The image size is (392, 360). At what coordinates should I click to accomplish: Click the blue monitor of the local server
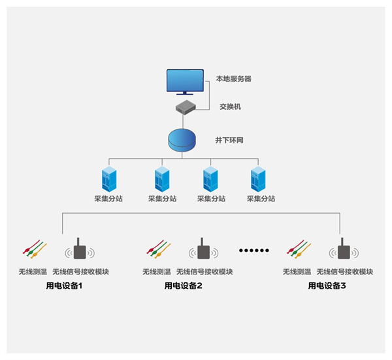pyautogui.click(x=189, y=82)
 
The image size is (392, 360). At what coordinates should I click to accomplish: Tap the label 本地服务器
pyautogui.click(x=233, y=79)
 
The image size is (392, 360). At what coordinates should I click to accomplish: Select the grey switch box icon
pyautogui.click(x=186, y=106)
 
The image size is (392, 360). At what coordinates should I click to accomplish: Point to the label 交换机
pyautogui.click(x=229, y=106)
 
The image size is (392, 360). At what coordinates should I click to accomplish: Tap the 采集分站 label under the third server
pyautogui.click(x=211, y=199)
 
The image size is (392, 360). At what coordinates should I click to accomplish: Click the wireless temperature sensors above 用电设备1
pyautogui.click(x=34, y=249)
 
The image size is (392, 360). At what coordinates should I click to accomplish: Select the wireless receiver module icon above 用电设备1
pyautogui.click(x=80, y=251)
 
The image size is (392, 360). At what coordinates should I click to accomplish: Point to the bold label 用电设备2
pyautogui.click(x=183, y=286)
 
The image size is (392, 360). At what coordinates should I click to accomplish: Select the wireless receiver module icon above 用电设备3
pyautogui.click(x=343, y=251)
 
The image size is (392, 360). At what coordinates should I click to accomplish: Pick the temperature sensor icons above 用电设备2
pyautogui.click(x=157, y=249)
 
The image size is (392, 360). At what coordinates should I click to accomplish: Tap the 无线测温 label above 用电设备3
pyautogui.click(x=297, y=272)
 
